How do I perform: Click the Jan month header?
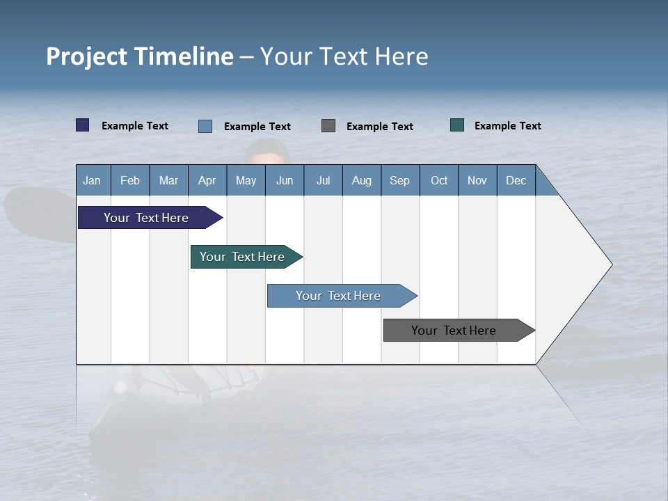(93, 180)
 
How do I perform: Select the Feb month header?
(130, 180)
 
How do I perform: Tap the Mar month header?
(168, 180)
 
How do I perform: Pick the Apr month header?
(207, 180)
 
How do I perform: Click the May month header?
(246, 180)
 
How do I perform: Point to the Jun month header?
(285, 180)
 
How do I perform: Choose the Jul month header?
(323, 180)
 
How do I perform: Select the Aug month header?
(362, 180)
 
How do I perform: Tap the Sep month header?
(400, 180)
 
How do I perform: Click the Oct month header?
(439, 180)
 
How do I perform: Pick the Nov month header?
(477, 180)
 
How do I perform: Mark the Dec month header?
(516, 180)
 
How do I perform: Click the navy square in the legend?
(83, 125)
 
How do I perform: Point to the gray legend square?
(328, 125)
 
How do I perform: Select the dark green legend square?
(457, 125)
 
